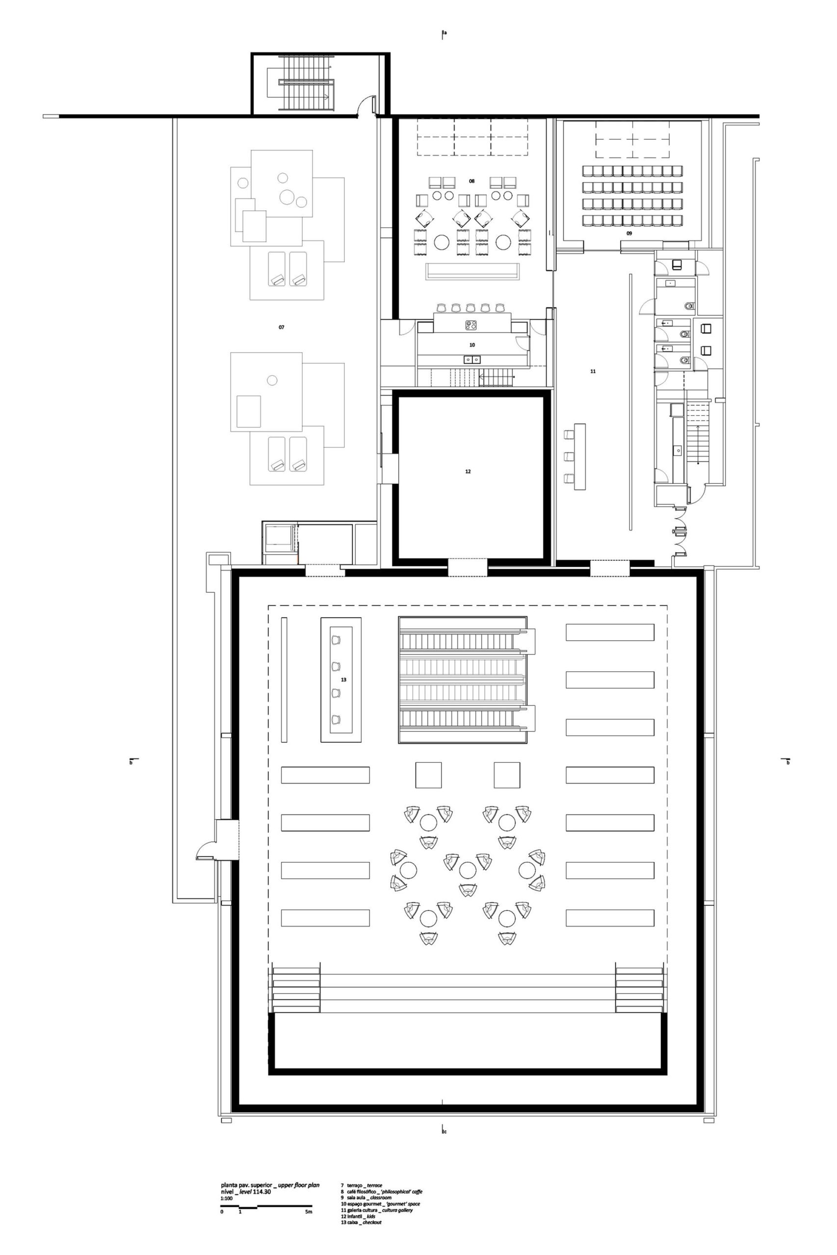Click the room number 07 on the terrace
click(281, 327)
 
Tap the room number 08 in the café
click(472, 181)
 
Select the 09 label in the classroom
click(629, 233)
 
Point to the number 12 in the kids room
click(468, 472)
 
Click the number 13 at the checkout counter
click(344, 679)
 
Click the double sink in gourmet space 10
click(472, 359)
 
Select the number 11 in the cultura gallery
click(593, 371)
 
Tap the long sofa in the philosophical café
click(472, 271)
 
